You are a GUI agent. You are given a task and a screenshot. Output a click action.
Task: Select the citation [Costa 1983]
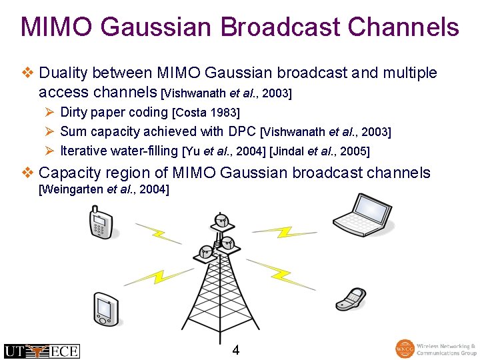206,113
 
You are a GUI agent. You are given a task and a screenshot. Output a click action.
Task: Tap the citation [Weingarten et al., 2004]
104,190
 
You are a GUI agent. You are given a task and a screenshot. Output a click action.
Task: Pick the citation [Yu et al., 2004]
223,151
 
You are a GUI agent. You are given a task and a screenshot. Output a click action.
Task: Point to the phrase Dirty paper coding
114,112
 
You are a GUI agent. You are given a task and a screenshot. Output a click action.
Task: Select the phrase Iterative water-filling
119,151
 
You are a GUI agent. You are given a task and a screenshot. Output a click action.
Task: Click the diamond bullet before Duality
27,73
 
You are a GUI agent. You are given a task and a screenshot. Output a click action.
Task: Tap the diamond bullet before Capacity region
27,173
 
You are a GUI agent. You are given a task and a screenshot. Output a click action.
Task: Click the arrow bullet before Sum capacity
48,132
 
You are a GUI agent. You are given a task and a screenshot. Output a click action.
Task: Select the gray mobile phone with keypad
101,223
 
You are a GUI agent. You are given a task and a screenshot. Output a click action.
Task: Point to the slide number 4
236,350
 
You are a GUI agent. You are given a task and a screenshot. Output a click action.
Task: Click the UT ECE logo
41,351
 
